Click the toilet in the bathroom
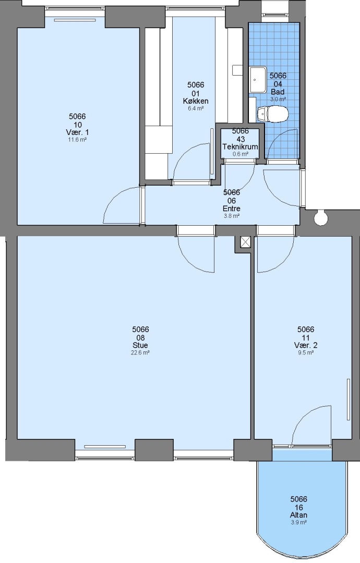(x=273, y=114)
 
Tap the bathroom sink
(x=258, y=80)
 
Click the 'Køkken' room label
(x=196, y=101)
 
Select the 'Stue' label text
(x=140, y=346)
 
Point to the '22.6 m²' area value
(x=140, y=353)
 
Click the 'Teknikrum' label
(x=241, y=146)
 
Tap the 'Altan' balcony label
(x=299, y=515)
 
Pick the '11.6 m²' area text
(x=78, y=140)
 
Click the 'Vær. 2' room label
(x=306, y=346)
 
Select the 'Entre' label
(x=232, y=209)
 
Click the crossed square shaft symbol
(x=245, y=242)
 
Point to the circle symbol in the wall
(x=320, y=218)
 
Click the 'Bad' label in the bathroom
(x=278, y=92)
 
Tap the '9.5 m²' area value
(x=306, y=353)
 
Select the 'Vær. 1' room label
(x=78, y=132)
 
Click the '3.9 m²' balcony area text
(x=299, y=523)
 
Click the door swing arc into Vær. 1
(x=114, y=198)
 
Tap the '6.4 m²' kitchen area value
(x=196, y=108)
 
